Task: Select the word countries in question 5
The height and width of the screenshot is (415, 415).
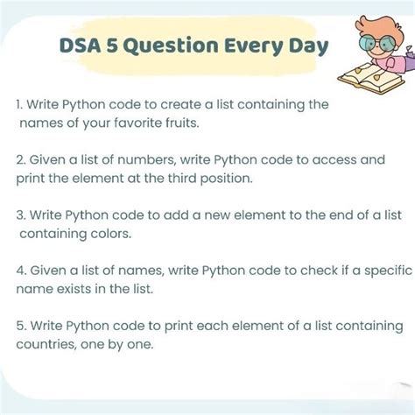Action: pyautogui.click(x=44, y=345)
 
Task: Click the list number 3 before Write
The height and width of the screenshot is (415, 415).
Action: pyautogui.click(x=19, y=216)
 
